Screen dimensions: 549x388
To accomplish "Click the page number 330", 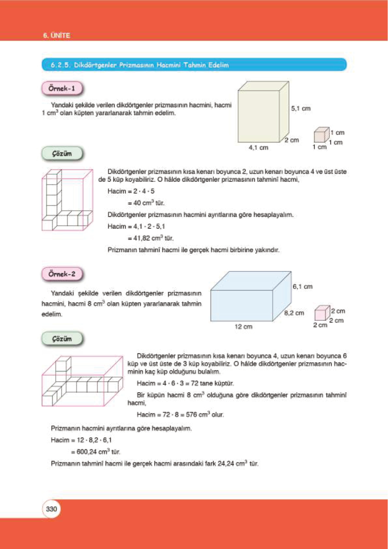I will coord(51,509).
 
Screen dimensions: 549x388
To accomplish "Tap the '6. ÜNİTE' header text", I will coord(56,36).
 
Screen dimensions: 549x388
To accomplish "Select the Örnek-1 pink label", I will coord(62,88).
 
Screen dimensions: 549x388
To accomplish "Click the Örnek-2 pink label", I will coord(62,274).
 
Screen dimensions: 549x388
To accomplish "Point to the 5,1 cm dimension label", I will coord(300,108).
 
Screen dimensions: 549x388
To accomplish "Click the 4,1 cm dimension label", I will coord(258,148).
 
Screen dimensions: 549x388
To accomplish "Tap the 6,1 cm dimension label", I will coord(302,287).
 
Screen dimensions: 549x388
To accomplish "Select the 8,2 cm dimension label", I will coord(294,313).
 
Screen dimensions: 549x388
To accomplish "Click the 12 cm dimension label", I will coord(243,327).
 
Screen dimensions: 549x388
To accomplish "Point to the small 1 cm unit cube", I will coord(321,135).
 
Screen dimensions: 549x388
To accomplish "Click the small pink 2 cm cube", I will coord(322,313).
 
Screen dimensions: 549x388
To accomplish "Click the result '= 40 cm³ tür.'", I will coord(146,203).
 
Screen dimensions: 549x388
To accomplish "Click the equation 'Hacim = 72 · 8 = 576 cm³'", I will coord(180,415).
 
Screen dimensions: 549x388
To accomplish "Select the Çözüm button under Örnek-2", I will coord(62,339).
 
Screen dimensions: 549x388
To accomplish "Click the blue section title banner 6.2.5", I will coord(194,65).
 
